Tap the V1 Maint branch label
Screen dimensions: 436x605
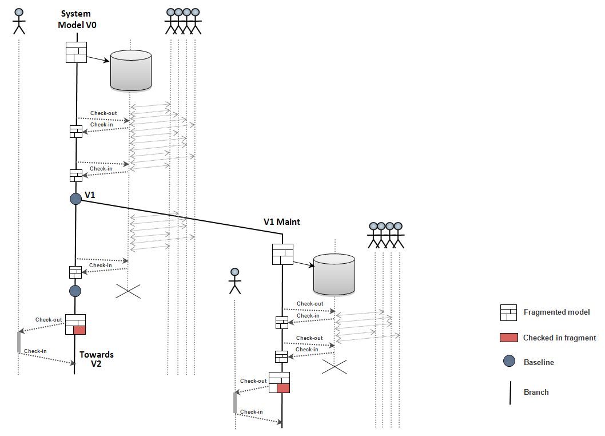(x=281, y=222)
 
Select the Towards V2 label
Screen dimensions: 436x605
(x=96, y=359)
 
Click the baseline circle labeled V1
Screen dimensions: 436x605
(x=75, y=199)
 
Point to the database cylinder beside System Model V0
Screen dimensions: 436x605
(x=130, y=70)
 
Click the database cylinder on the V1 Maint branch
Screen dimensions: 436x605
(x=334, y=275)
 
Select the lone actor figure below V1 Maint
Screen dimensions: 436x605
(x=234, y=280)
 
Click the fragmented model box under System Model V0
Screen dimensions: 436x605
(x=75, y=52)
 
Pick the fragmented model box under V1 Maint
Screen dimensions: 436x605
(x=282, y=254)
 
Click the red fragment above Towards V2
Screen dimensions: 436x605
(x=79, y=330)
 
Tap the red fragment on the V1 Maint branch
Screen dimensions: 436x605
(x=283, y=388)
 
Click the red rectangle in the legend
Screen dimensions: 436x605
(x=508, y=338)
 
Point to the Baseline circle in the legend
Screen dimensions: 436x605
(x=508, y=362)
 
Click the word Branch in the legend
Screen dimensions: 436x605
(x=536, y=392)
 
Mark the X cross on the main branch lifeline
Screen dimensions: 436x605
(x=128, y=291)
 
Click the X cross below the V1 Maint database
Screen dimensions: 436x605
(x=335, y=367)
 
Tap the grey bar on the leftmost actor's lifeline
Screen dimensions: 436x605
(x=19, y=342)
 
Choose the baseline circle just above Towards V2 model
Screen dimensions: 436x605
(x=75, y=291)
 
